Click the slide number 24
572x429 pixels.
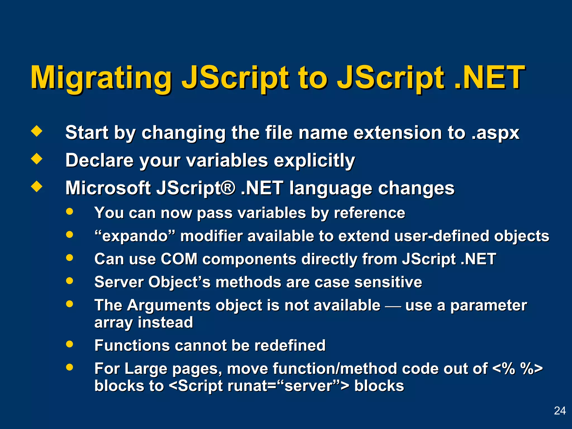(x=560, y=411)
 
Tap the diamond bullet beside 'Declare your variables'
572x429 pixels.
(x=37, y=159)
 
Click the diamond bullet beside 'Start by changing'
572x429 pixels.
(x=37, y=131)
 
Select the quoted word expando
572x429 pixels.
(x=135, y=236)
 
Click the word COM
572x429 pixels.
(x=179, y=259)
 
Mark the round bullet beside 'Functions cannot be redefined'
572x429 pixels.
(x=70, y=344)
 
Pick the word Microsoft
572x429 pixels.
(x=108, y=188)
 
